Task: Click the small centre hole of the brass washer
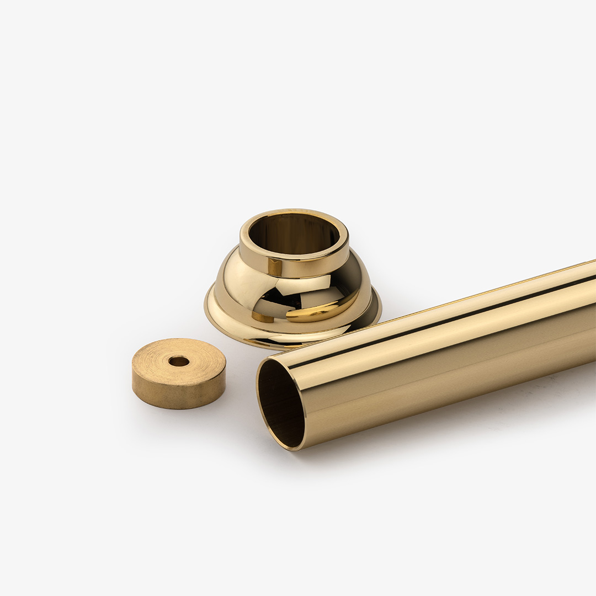(179, 361)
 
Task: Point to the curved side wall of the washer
(177, 393)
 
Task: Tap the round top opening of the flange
(294, 232)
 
